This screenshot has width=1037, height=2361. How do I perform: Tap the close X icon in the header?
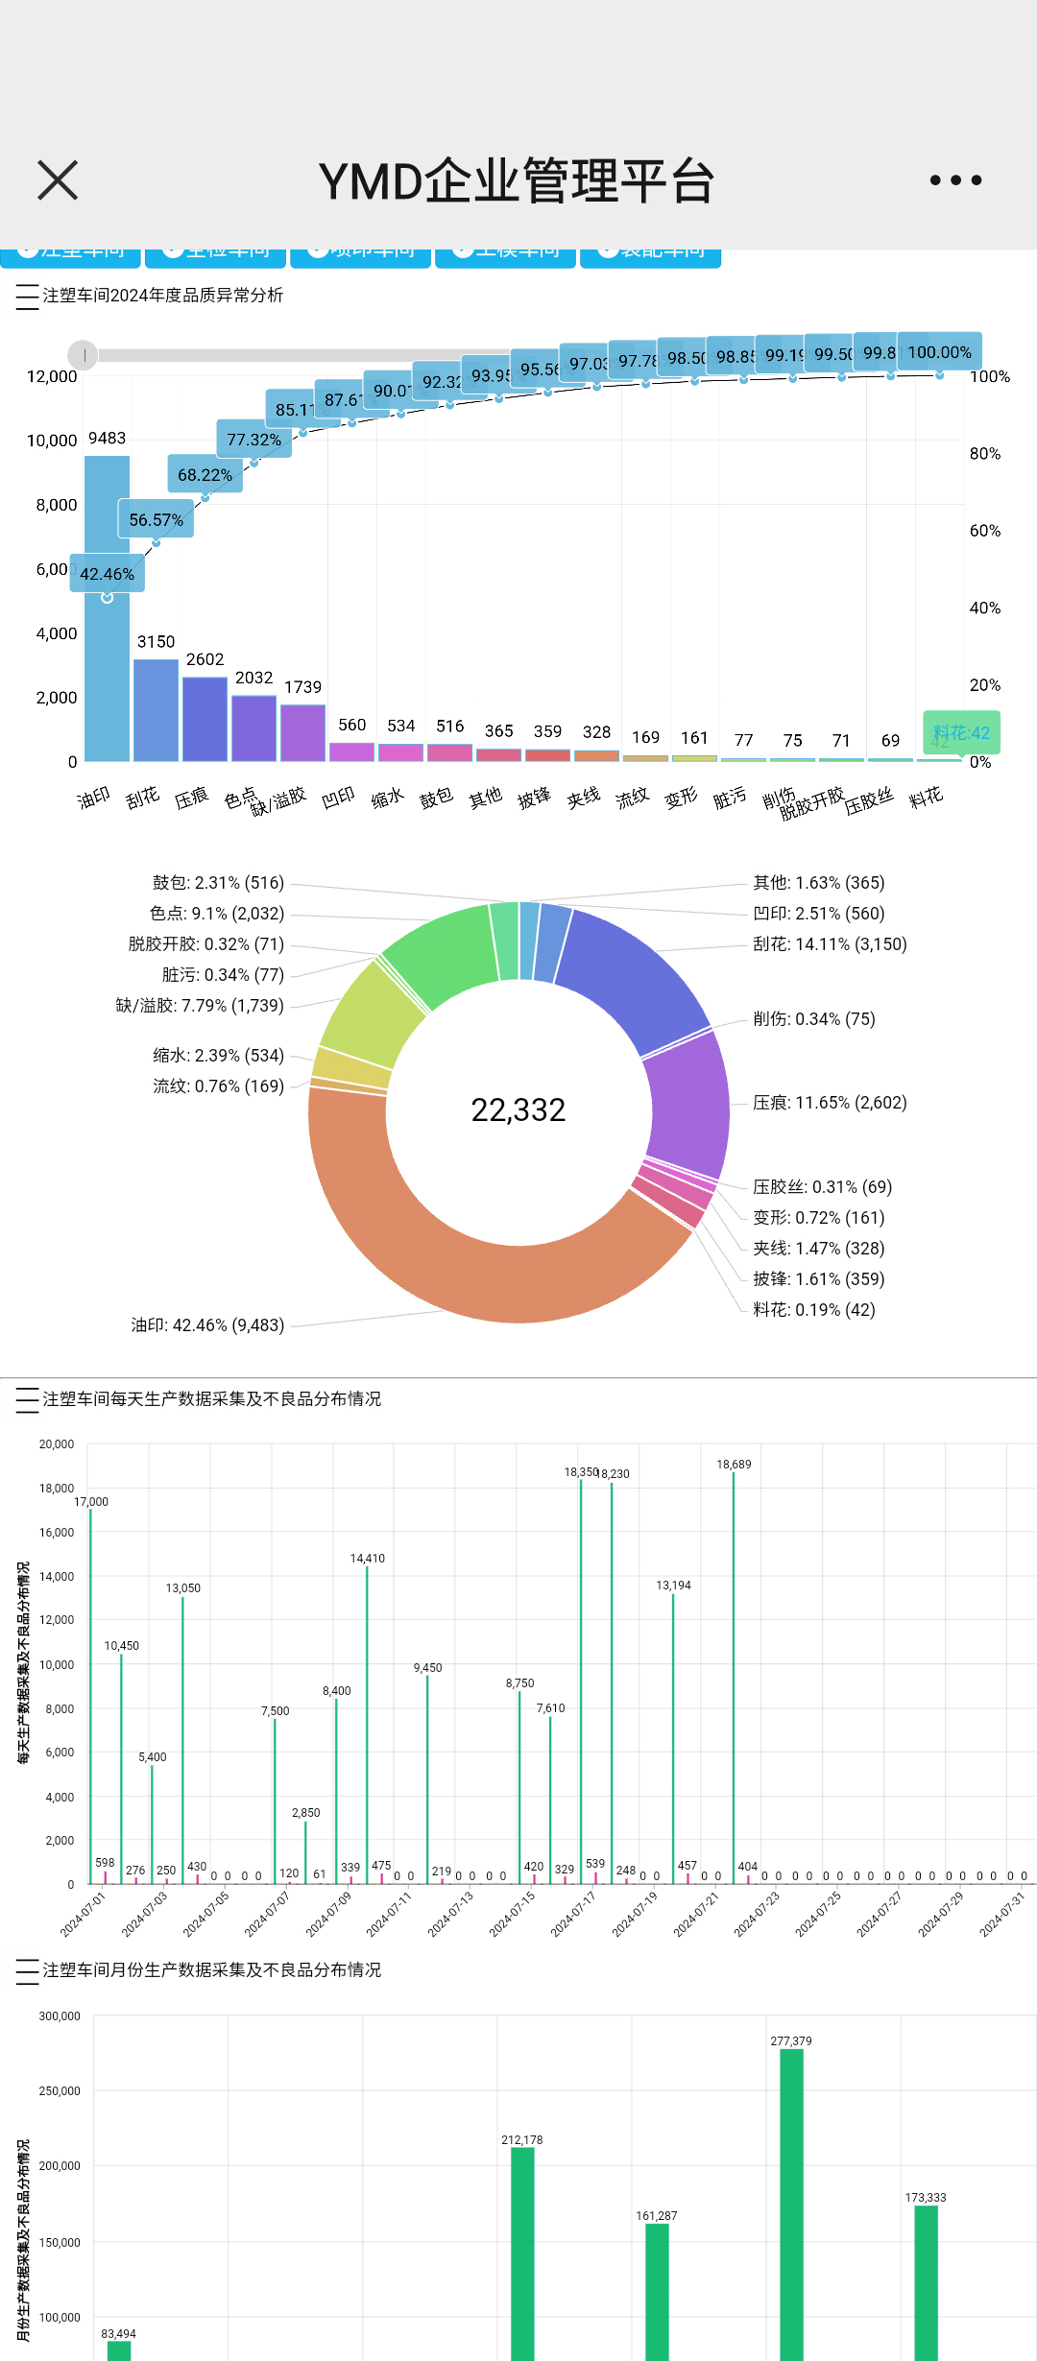58,180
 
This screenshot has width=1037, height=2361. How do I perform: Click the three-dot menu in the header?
955,180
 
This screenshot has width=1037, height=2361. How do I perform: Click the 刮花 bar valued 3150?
156,710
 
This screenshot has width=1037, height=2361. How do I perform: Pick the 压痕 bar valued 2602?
205,719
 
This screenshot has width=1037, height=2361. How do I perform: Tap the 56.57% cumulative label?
156,519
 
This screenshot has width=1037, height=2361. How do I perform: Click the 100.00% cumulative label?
939,352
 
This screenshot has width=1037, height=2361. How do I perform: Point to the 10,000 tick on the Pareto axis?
52,441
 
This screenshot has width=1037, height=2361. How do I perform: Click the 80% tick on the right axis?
985,454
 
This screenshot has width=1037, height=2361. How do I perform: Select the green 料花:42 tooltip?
961,733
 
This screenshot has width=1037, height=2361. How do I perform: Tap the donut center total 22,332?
518,1110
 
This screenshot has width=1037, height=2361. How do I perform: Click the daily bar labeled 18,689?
734,1680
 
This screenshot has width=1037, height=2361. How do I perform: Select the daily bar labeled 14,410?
367,1728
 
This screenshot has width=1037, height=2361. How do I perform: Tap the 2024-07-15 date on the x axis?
513,1914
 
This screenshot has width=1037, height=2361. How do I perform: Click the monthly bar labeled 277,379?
791,2207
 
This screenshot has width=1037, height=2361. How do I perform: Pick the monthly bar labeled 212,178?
522,2255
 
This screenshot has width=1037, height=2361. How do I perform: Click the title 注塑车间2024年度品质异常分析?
163,296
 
